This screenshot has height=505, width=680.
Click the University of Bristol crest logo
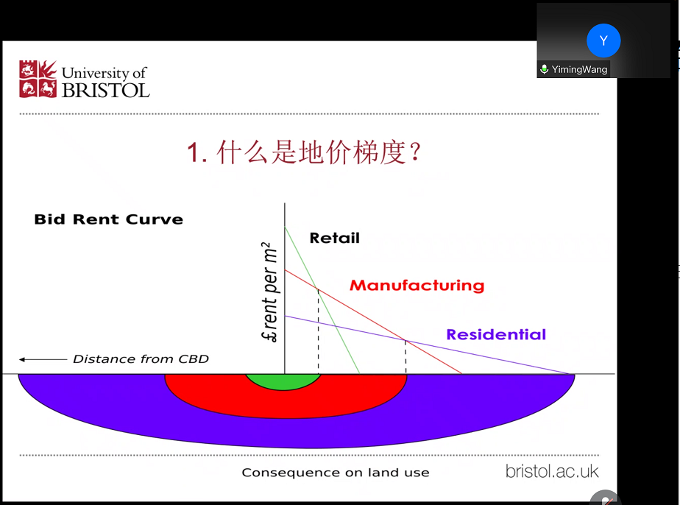[38, 79]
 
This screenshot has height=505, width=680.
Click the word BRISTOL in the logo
[106, 91]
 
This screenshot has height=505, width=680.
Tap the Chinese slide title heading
[304, 152]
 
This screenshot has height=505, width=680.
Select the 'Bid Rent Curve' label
[109, 219]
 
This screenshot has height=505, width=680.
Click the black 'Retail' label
[335, 238]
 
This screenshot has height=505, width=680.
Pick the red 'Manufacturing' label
[417, 285]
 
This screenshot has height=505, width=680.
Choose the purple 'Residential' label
[496, 334]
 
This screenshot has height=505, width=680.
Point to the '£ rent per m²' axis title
[270, 292]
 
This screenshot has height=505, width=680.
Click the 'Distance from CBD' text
[141, 359]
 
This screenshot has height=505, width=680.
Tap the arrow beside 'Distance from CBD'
[43, 359]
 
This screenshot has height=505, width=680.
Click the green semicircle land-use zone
[283, 381]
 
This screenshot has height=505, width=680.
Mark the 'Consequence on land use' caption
[336, 473]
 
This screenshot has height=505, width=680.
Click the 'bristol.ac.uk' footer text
[552, 471]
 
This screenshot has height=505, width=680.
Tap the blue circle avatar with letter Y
[603, 41]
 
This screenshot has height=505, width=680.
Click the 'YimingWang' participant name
[579, 69]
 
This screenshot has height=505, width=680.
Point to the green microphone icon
[545, 69]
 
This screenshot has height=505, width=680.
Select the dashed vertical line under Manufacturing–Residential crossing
[405, 357]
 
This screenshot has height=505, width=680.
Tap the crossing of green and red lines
[317, 288]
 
